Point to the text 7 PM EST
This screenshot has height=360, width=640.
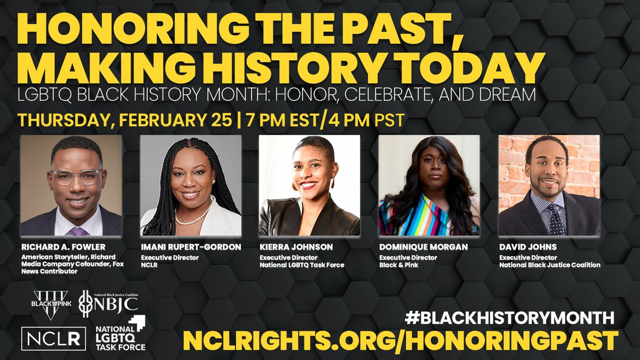[282, 121]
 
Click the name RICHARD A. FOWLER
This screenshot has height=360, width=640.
[63, 247]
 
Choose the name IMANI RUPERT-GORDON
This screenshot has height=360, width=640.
[191, 247]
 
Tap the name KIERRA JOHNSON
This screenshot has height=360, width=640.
[297, 247]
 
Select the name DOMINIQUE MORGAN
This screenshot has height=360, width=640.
[423, 247]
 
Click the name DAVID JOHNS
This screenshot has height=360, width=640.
[528, 247]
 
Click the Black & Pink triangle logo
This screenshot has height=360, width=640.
[52, 305]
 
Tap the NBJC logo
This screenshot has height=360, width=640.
[108, 304]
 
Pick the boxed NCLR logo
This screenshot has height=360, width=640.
[53, 339]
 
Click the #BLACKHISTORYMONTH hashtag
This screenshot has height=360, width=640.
[509, 318]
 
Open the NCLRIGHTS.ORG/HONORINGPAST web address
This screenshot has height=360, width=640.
[401, 341]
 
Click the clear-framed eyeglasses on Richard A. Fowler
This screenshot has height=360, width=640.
[77, 177]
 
